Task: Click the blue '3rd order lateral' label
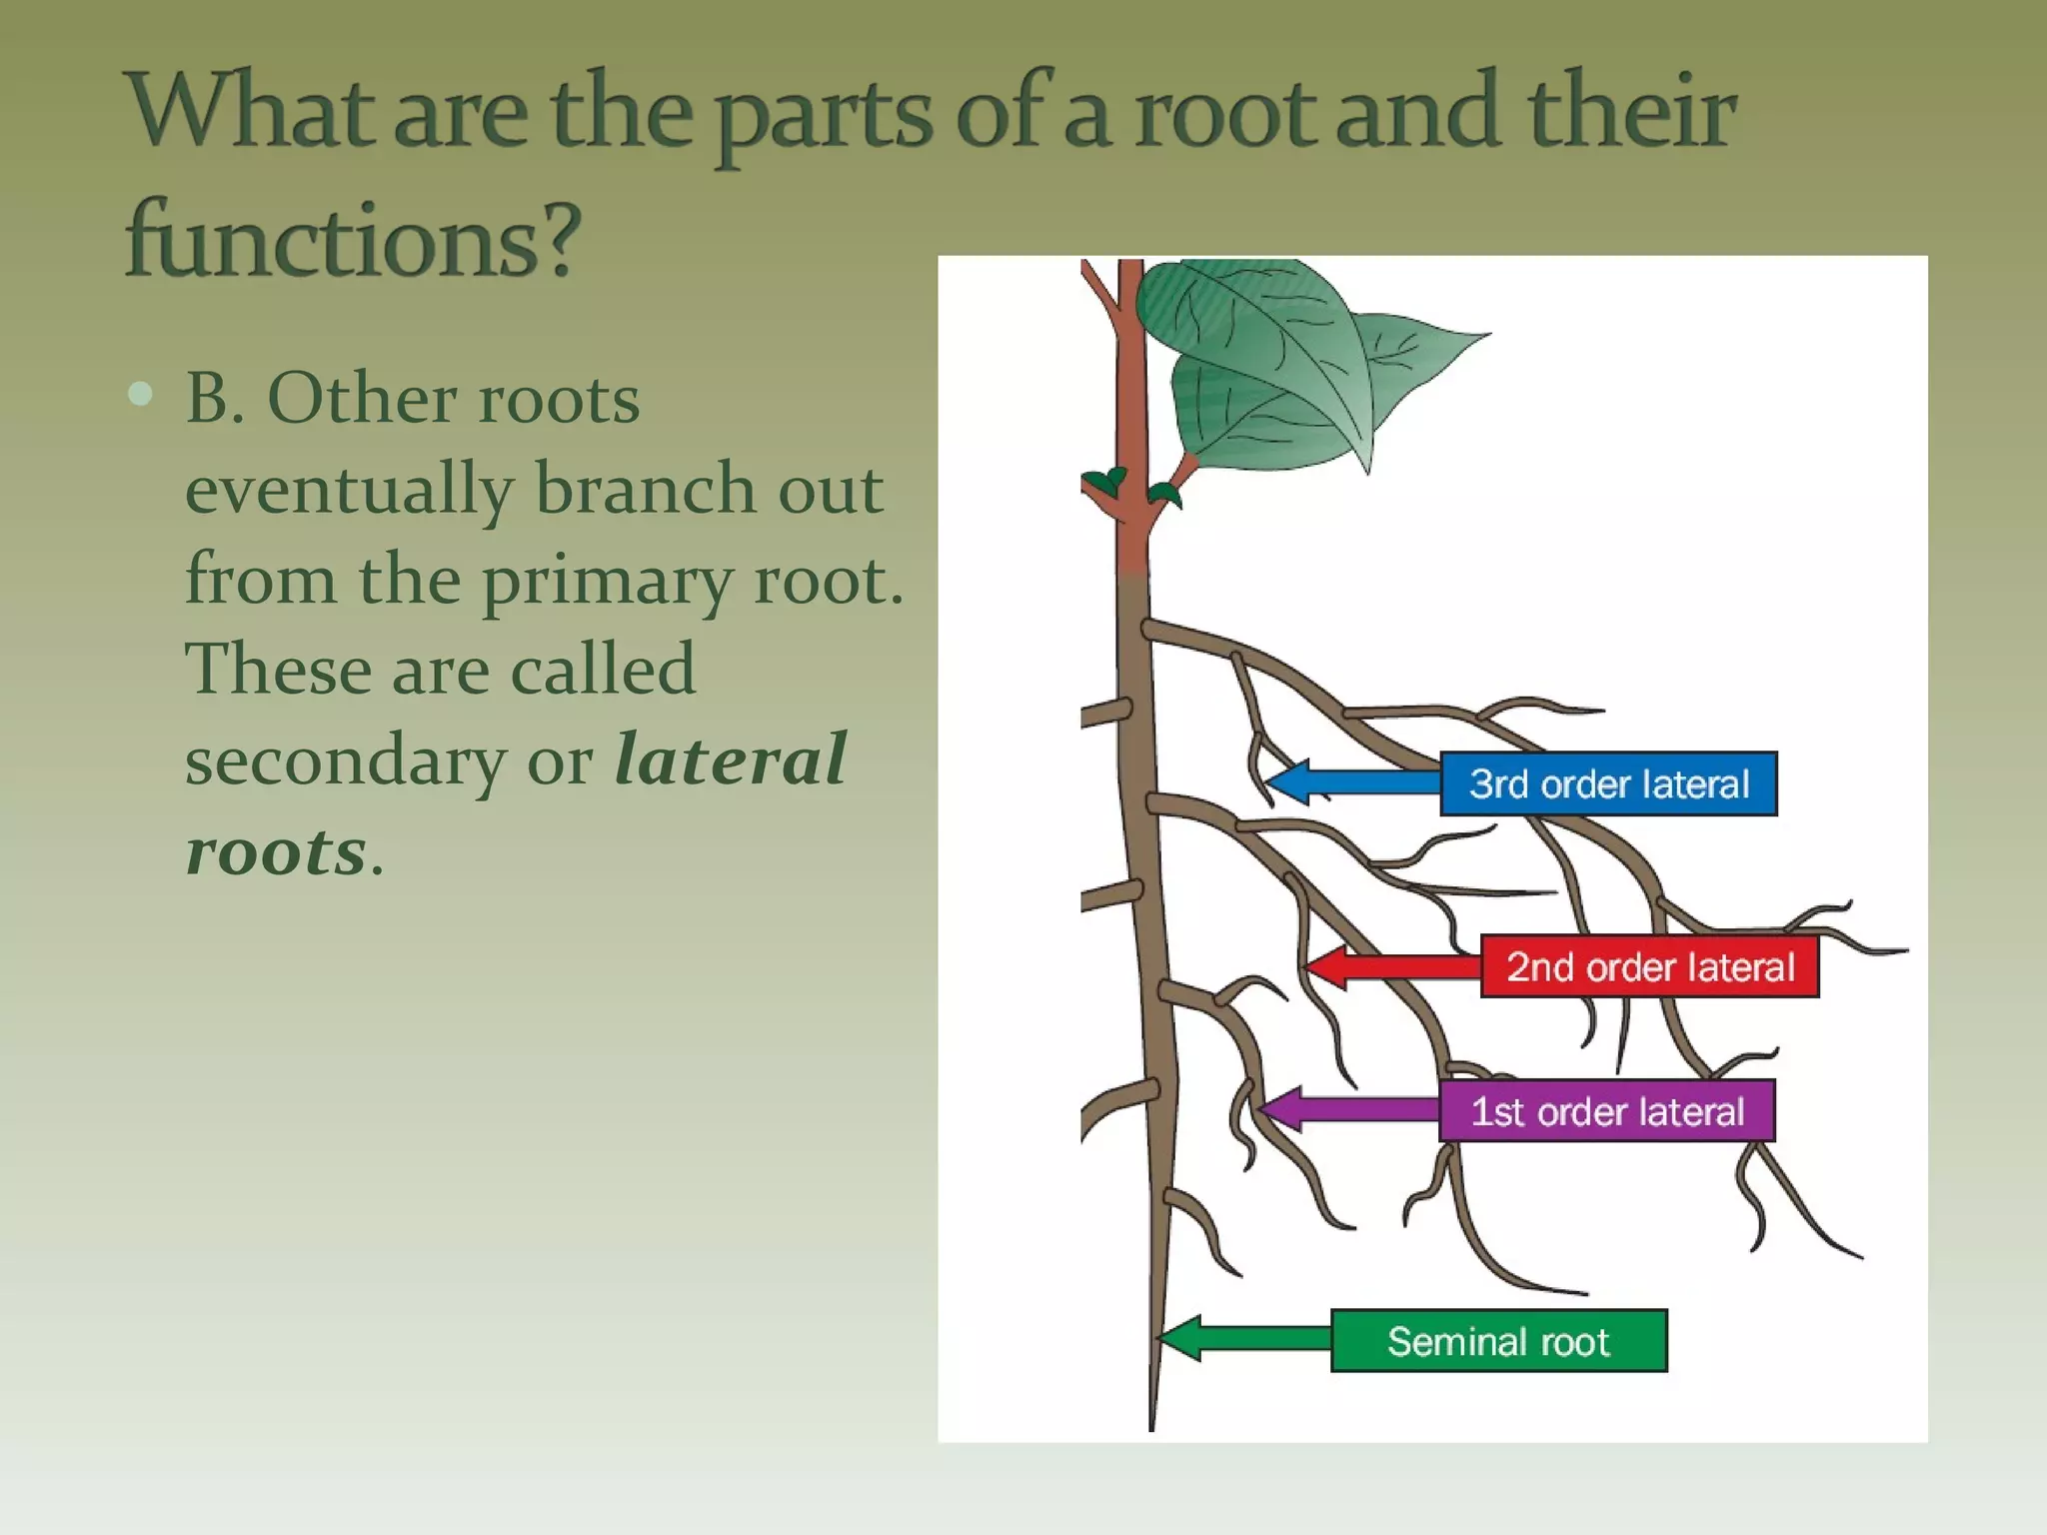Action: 1608,783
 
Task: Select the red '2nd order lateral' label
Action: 1649,966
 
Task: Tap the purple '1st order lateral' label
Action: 1607,1111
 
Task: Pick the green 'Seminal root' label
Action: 1498,1341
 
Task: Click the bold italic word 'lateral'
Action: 731,760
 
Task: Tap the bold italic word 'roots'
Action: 276,851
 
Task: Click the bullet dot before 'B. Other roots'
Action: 141,394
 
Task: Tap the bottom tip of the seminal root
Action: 1151,1427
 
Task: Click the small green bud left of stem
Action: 1104,482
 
